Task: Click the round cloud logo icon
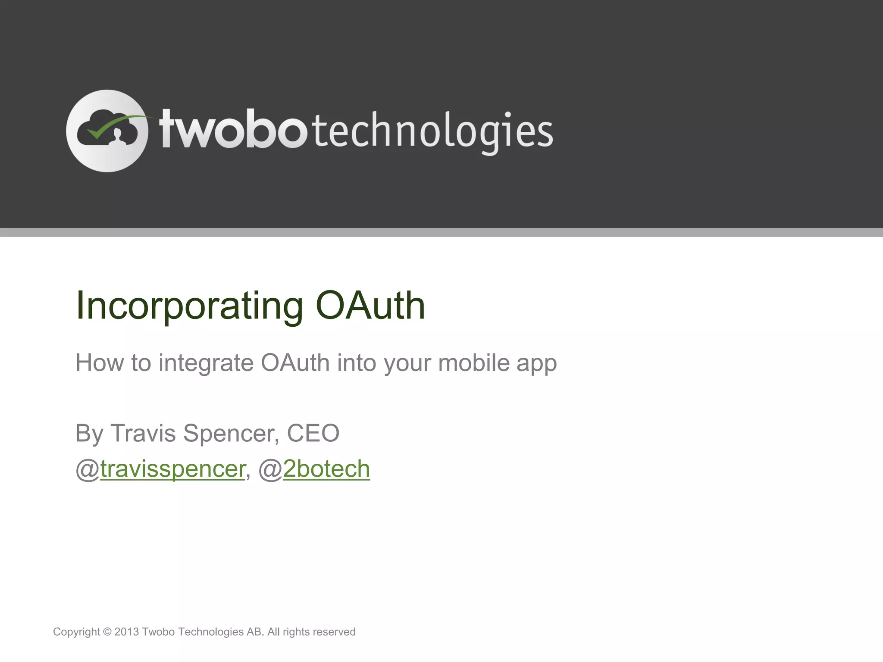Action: point(107,131)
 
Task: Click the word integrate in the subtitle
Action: point(206,363)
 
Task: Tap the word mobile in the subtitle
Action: point(474,362)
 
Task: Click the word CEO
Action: point(313,433)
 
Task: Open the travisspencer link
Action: point(172,469)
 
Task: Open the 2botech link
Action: point(326,469)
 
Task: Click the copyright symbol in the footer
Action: point(107,632)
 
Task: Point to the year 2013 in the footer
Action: point(126,632)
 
